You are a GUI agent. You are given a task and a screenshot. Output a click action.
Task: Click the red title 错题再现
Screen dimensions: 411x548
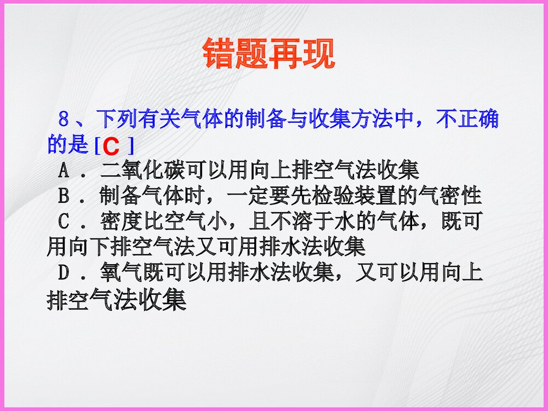click(x=268, y=54)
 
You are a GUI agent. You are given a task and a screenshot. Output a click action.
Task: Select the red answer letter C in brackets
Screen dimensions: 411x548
click(x=112, y=146)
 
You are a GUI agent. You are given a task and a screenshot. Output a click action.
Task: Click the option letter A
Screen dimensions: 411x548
click(x=64, y=170)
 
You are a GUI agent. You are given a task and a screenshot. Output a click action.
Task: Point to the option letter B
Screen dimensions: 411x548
click(x=64, y=196)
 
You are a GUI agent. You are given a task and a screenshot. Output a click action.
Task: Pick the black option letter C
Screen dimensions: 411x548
click(x=64, y=222)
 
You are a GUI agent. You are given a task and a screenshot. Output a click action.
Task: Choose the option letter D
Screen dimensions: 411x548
click(x=64, y=273)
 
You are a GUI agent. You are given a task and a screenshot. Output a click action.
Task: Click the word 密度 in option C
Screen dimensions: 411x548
click(x=118, y=222)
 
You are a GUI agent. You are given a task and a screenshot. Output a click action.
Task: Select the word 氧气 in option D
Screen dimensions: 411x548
click(x=118, y=273)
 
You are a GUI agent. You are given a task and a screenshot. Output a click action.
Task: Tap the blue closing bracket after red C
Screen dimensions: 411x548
click(x=130, y=146)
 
